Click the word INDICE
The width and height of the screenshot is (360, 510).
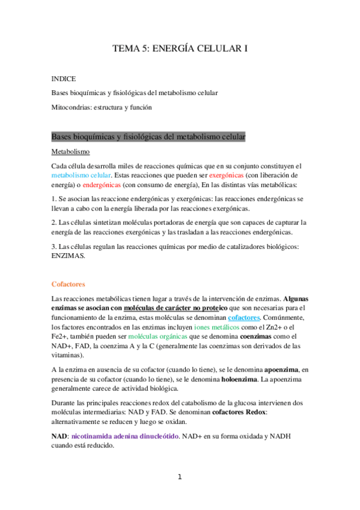coord(64,79)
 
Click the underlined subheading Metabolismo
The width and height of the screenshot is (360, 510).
coord(70,152)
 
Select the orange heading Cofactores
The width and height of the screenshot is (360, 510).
coord(68,283)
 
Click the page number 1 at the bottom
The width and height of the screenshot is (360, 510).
coord(179,478)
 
